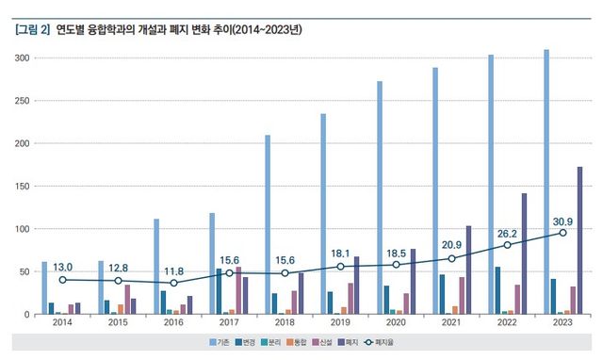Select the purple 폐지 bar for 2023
click(579, 240)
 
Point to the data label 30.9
click(563, 222)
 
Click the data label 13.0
click(62, 268)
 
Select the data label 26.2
click(508, 235)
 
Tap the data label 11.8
click(173, 271)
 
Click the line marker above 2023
click(563, 233)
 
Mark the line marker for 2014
click(62, 280)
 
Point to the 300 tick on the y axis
click(24, 58)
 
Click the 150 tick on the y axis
click(24, 187)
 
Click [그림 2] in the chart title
click(33, 30)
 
